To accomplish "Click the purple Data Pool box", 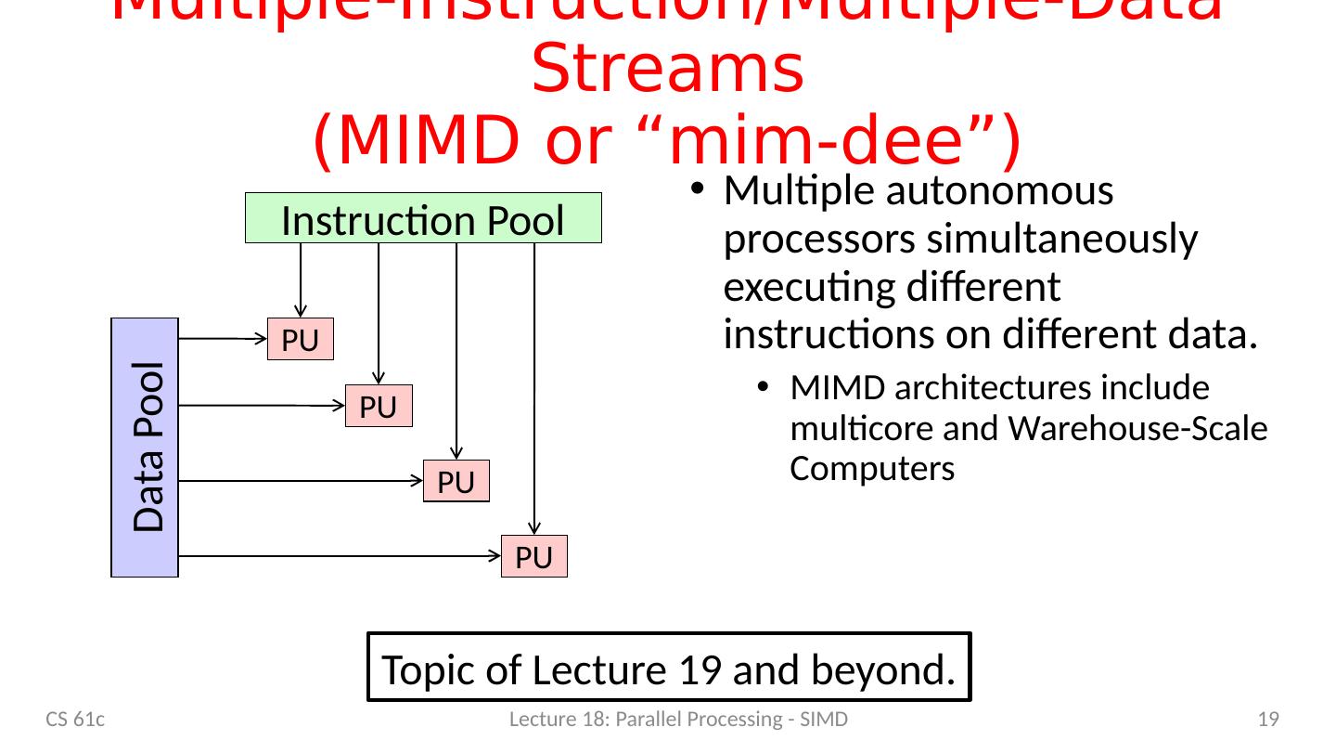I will click(145, 448).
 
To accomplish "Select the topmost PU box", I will click(300, 340).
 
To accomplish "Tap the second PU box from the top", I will click(378, 406).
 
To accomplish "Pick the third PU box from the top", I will click(456, 481).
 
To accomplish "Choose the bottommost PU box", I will click(533, 557).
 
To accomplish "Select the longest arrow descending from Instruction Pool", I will click(534, 390).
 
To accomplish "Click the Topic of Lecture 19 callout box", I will click(669, 667).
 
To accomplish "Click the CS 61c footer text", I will click(76, 719).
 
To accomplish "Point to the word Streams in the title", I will click(667, 72).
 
